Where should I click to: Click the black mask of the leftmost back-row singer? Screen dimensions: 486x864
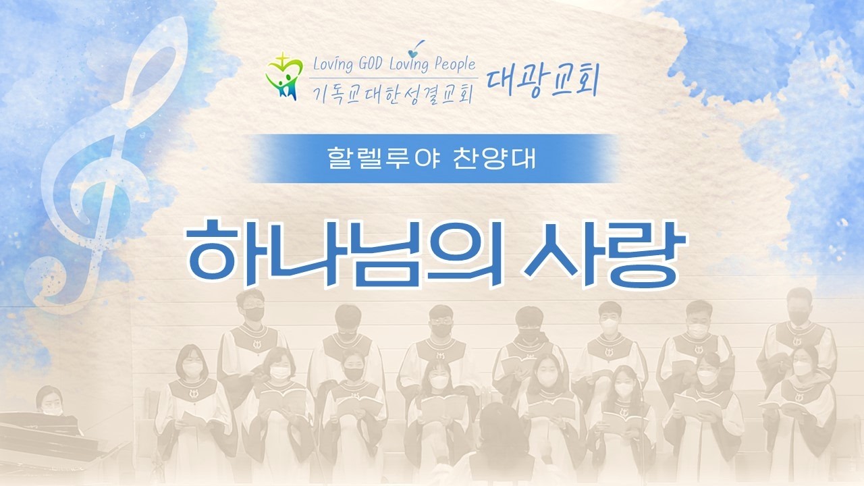click(x=254, y=314)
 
